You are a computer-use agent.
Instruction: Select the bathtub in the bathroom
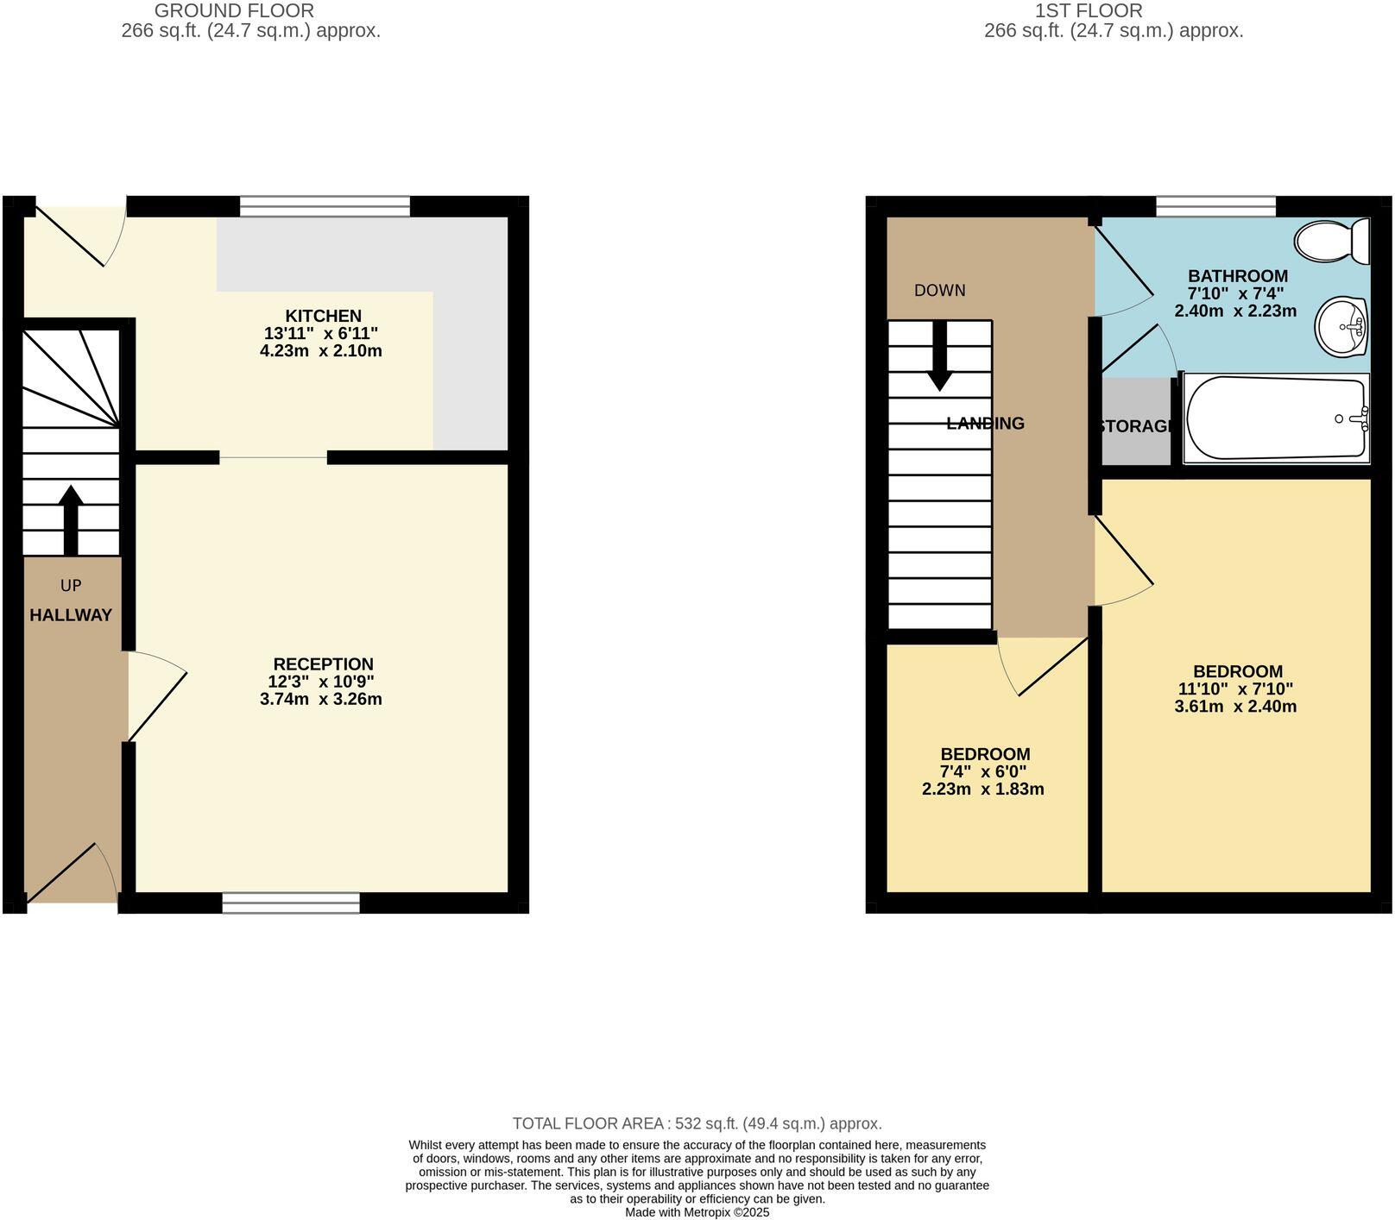pyautogui.click(x=1276, y=418)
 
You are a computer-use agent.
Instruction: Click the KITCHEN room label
pyautogui.click(x=323, y=316)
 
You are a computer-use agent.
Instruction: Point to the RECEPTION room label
pyautogui.click(x=323, y=663)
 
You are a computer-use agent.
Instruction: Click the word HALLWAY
pyautogui.click(x=71, y=615)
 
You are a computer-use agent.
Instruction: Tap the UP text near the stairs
pyautogui.click(x=71, y=586)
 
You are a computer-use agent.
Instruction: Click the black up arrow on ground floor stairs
pyautogui.click(x=71, y=519)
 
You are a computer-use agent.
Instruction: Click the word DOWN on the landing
pyautogui.click(x=939, y=291)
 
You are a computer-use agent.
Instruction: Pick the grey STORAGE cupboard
pyautogui.click(x=1135, y=424)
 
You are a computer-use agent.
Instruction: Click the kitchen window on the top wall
pyautogui.click(x=325, y=206)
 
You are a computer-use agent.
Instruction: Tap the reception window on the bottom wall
pyautogui.click(x=291, y=902)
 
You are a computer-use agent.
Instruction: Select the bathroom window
pyautogui.click(x=1215, y=206)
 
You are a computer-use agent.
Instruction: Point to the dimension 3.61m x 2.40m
pyautogui.click(x=1235, y=707)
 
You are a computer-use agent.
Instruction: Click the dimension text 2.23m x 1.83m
pyautogui.click(x=983, y=789)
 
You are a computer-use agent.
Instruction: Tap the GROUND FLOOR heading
pyautogui.click(x=233, y=11)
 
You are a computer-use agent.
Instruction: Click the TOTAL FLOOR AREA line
pyautogui.click(x=697, y=1123)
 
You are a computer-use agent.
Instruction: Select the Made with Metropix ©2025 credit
pyautogui.click(x=697, y=1212)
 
